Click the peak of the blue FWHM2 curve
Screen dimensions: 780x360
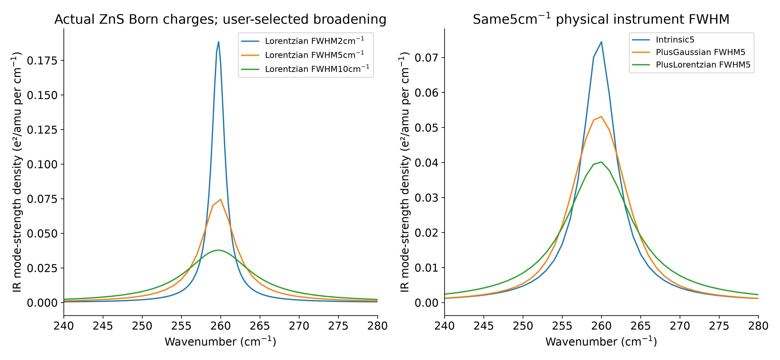click(x=219, y=42)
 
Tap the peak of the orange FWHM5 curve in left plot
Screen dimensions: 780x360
click(x=220, y=199)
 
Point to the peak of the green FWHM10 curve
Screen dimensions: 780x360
click(x=218, y=250)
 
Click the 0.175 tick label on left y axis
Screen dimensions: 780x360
click(x=42, y=60)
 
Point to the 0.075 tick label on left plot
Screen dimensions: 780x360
click(x=42, y=199)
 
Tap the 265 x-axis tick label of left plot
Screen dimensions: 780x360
click(x=260, y=326)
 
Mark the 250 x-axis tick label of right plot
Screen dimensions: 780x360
click(x=523, y=326)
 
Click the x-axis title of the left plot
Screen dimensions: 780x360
click(x=220, y=342)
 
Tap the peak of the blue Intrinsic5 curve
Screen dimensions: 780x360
click(x=601, y=42)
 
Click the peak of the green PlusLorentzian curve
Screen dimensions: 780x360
click(x=601, y=162)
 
